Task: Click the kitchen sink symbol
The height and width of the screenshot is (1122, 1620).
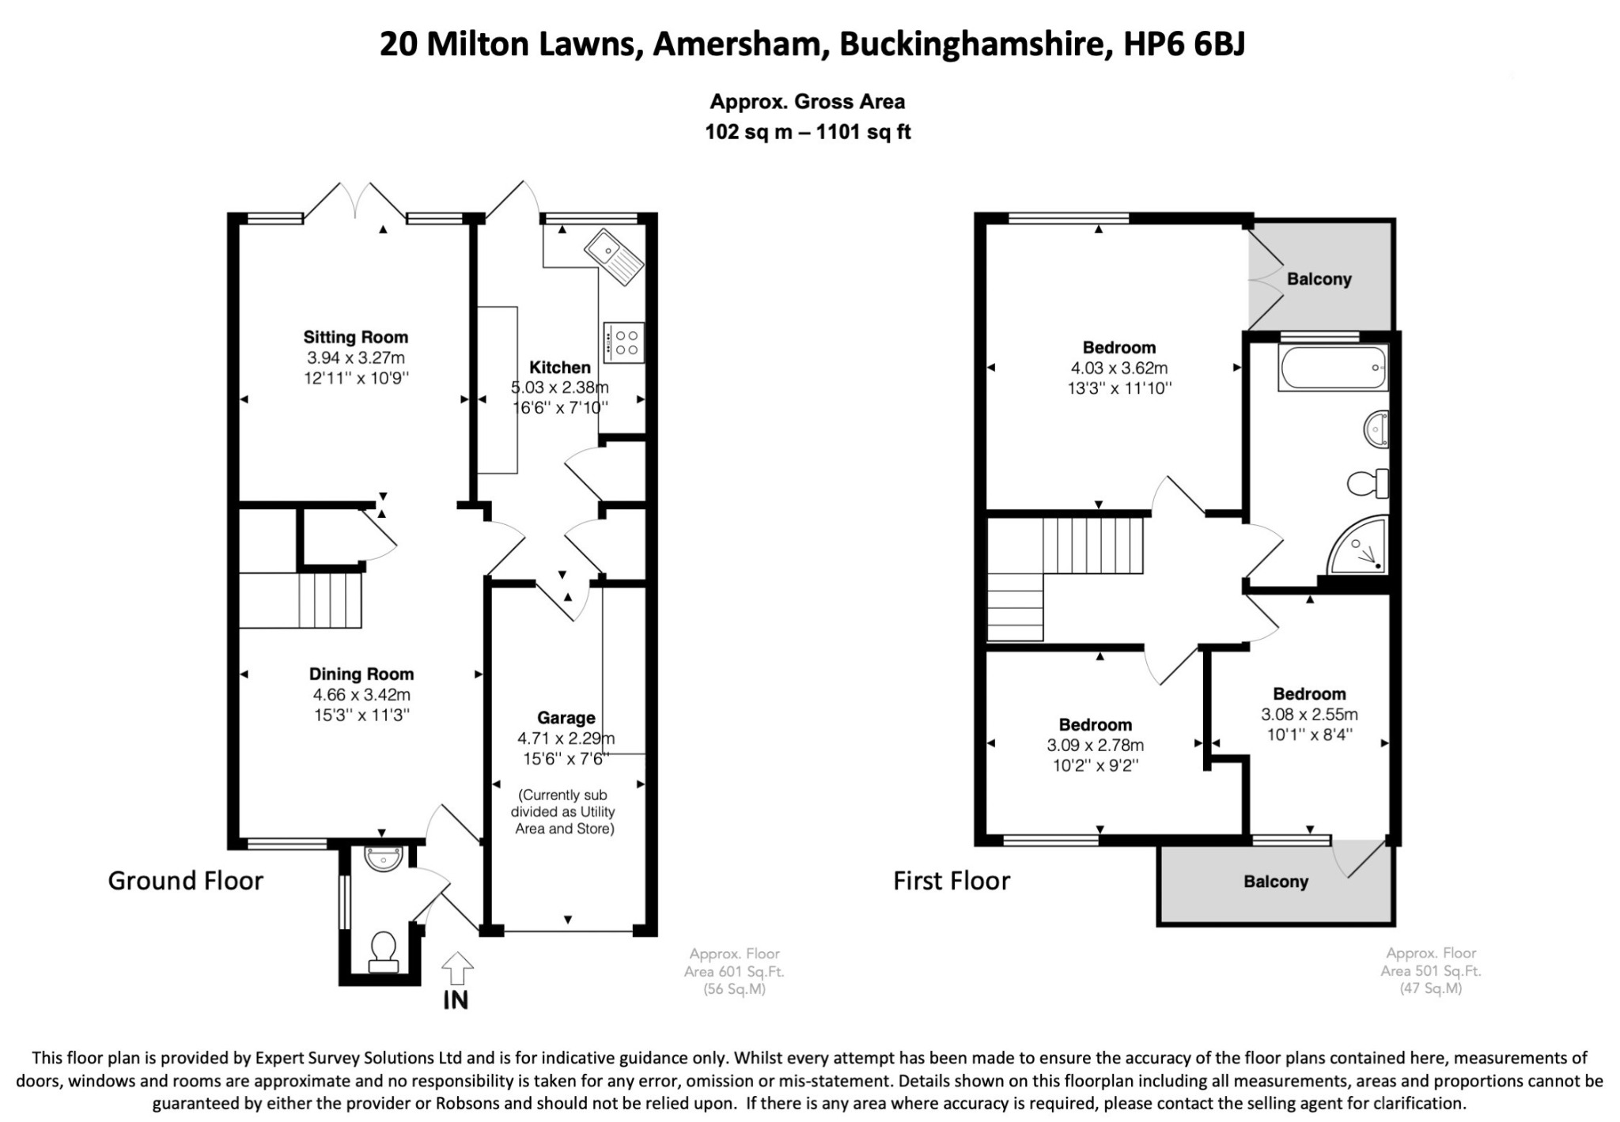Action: pyautogui.click(x=614, y=255)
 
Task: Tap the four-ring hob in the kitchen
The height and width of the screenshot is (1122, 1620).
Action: pyautogui.click(x=623, y=342)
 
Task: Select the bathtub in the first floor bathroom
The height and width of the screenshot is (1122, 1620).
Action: pyautogui.click(x=1332, y=368)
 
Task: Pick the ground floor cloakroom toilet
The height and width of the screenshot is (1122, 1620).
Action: pyautogui.click(x=383, y=951)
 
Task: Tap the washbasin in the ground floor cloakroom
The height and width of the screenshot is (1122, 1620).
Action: pyautogui.click(x=384, y=856)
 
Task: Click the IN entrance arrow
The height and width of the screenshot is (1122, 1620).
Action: pyautogui.click(x=456, y=969)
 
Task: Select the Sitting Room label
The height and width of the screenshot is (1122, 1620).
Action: pyautogui.click(x=356, y=337)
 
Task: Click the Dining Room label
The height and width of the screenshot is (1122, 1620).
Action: pyautogui.click(x=361, y=674)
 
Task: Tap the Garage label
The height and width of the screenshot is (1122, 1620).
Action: pyautogui.click(x=566, y=718)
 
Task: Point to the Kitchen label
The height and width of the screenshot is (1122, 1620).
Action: pyautogui.click(x=560, y=367)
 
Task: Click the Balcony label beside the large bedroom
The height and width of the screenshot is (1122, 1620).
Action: pyautogui.click(x=1319, y=279)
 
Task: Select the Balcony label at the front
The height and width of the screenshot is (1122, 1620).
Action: pyautogui.click(x=1276, y=882)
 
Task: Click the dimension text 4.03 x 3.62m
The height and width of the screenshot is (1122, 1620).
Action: pyautogui.click(x=1119, y=368)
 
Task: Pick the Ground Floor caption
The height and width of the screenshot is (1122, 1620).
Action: pyautogui.click(x=185, y=881)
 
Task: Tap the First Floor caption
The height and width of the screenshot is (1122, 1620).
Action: pyautogui.click(x=952, y=881)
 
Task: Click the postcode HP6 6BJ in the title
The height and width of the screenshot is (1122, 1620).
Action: pyautogui.click(x=1185, y=44)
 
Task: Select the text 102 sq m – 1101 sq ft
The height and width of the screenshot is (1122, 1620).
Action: pyautogui.click(x=808, y=132)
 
